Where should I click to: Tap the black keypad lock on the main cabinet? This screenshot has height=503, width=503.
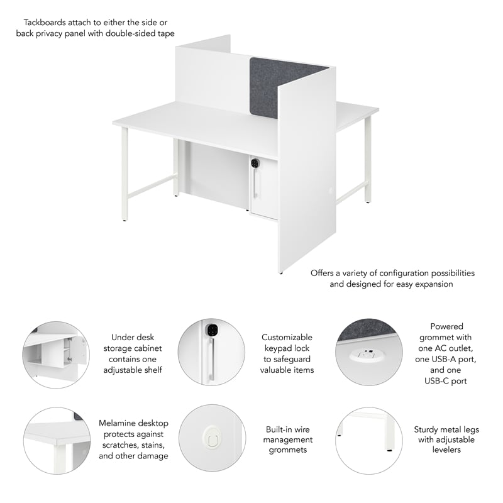point(255,163)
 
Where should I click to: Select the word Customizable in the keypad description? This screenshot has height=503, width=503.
point(287,338)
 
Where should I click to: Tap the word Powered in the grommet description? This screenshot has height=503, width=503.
point(446,326)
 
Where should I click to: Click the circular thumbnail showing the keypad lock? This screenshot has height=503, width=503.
point(211,351)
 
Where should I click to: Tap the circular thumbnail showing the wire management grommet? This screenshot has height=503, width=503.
point(211,438)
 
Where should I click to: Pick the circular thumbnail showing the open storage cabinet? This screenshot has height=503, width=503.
point(56,355)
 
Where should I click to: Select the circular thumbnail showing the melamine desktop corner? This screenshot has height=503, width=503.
point(57,440)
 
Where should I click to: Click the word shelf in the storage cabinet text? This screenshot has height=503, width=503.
point(151,370)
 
